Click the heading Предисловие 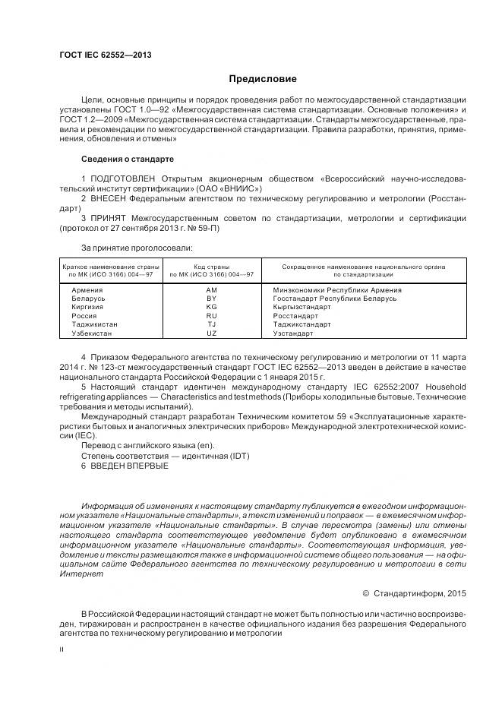(262, 79)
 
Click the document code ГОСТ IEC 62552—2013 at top (100, 55)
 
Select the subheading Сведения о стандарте (127, 159)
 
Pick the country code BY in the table (211, 299)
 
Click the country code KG (211, 307)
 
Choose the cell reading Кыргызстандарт (298, 307)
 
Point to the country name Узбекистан (92, 333)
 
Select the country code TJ (211, 324)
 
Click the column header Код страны (211, 267)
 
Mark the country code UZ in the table (211, 333)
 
